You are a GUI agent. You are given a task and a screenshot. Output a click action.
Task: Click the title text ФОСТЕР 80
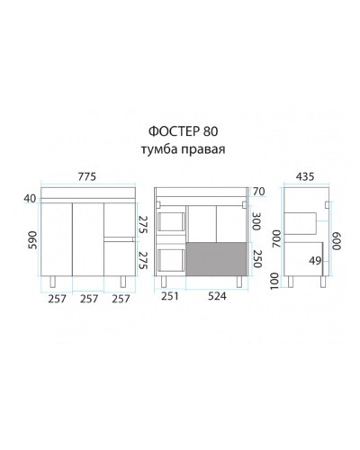(180, 131)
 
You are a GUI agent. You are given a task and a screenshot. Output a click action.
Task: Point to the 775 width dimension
(88, 176)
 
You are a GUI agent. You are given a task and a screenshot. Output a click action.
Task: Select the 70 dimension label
(259, 193)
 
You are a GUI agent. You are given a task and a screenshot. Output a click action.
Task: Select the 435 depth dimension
(306, 176)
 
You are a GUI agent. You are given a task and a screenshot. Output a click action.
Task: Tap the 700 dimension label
(277, 239)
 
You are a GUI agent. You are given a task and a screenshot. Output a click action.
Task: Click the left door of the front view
(58, 238)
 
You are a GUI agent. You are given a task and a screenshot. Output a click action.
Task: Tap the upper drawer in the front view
(118, 220)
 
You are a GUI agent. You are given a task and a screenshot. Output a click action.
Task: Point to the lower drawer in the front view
(118, 257)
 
